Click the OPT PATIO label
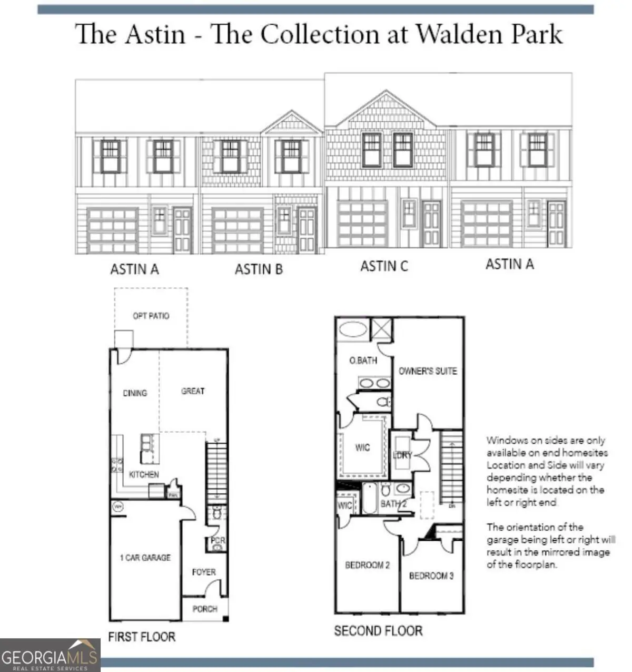[x=151, y=316]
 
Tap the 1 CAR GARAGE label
[x=145, y=558]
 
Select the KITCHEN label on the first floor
[x=144, y=474]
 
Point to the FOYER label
[x=204, y=572]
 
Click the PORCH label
[x=205, y=609]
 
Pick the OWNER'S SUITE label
[x=428, y=371]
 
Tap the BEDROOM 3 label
[x=431, y=576]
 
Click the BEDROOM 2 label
[x=367, y=565]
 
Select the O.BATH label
[x=363, y=361]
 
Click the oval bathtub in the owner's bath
[x=352, y=330]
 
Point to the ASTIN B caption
[x=259, y=269]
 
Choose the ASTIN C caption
[x=384, y=266]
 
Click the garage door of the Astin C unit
[x=362, y=222]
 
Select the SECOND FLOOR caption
[x=378, y=631]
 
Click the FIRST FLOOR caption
[x=142, y=637]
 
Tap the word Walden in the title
[x=459, y=35]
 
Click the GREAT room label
[x=193, y=391]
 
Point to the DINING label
[x=135, y=393]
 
